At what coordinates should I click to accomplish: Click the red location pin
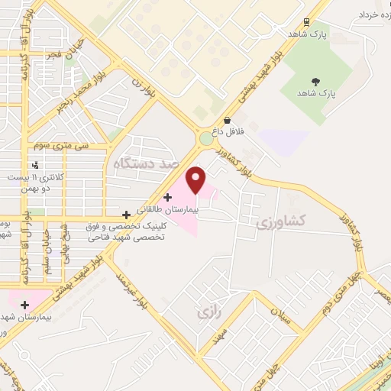pos(196,179)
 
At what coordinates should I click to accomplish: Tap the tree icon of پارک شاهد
pos(315,82)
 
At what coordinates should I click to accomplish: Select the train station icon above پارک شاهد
pos(306,22)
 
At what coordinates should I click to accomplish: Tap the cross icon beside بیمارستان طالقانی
pos(167,198)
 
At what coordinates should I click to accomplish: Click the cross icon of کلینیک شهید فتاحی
pos(127,215)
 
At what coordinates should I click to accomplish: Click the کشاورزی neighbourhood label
pos(280,221)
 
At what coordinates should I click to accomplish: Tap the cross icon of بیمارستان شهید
pos(24,304)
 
